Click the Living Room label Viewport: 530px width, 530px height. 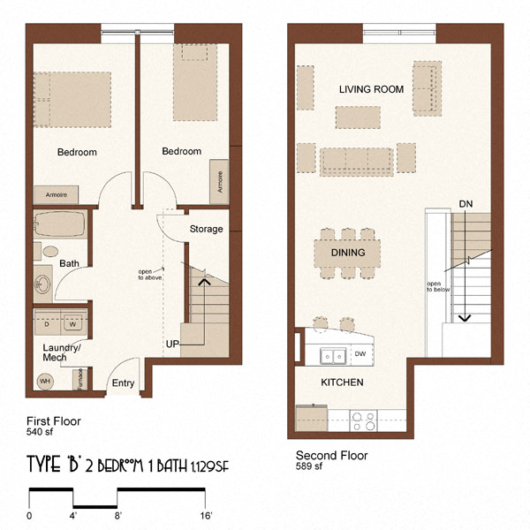(x=371, y=89)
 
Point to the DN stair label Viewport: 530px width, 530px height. (x=466, y=204)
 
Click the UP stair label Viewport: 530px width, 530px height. (x=172, y=343)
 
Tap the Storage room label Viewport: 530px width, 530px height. (x=206, y=230)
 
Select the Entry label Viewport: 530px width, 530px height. (x=123, y=383)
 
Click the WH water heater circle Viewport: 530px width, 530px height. (x=45, y=381)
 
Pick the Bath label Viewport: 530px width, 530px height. (x=69, y=263)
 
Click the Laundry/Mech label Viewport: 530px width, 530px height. (x=61, y=352)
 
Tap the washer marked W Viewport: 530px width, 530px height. (x=73, y=323)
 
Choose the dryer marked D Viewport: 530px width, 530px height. (x=47, y=323)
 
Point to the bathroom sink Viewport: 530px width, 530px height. (x=42, y=284)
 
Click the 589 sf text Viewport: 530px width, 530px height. (x=310, y=468)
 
